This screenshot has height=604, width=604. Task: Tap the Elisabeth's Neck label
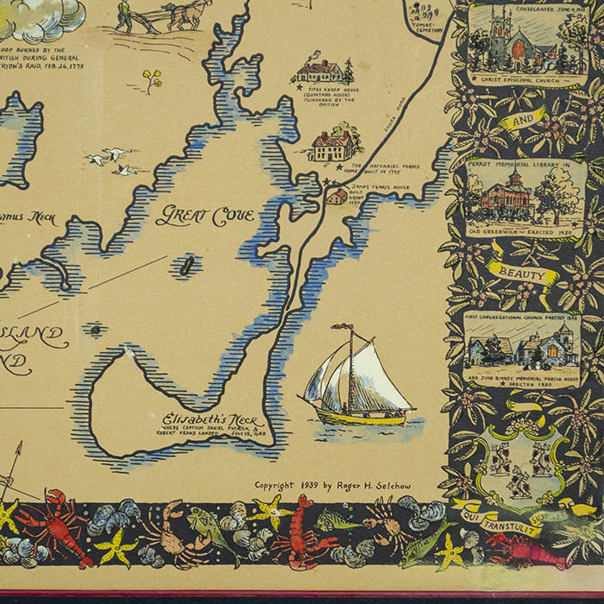tap(201, 420)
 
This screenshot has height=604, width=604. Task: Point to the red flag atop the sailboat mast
tap(343, 328)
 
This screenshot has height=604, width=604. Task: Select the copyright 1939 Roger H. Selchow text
tap(332, 486)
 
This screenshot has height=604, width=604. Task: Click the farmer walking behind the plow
tap(125, 16)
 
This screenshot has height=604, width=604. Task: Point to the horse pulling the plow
tap(186, 13)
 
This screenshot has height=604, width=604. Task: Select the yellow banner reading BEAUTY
tap(523, 274)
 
